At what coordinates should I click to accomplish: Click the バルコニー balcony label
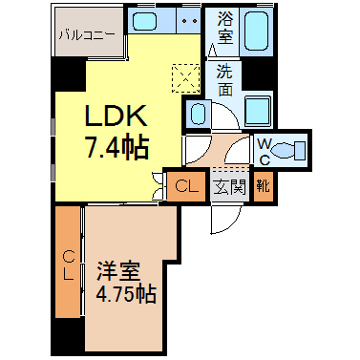coord(87,34)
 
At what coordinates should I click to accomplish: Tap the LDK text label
coord(116,116)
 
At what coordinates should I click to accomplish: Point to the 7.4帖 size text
coord(116,147)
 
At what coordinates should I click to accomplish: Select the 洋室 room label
coord(118,270)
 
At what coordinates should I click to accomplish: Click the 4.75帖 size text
coord(126,294)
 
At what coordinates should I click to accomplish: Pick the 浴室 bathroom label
coord(225,28)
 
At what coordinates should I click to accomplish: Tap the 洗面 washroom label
coord(225,80)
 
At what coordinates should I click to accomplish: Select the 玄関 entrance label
coord(230,187)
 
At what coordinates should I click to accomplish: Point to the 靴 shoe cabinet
coord(264,186)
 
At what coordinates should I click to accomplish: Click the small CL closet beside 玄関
coord(186,186)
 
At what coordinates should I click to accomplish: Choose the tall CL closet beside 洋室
coord(68,262)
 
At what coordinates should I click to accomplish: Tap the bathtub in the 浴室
coord(256,32)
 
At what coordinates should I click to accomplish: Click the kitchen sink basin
coord(144,20)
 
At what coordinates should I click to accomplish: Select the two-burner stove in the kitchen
coord(189,20)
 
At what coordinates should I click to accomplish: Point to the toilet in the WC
coord(288,150)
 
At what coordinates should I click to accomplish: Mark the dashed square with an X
coord(186,78)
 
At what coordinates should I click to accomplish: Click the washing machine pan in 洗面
coord(258,111)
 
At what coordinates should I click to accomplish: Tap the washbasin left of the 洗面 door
coord(198,115)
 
